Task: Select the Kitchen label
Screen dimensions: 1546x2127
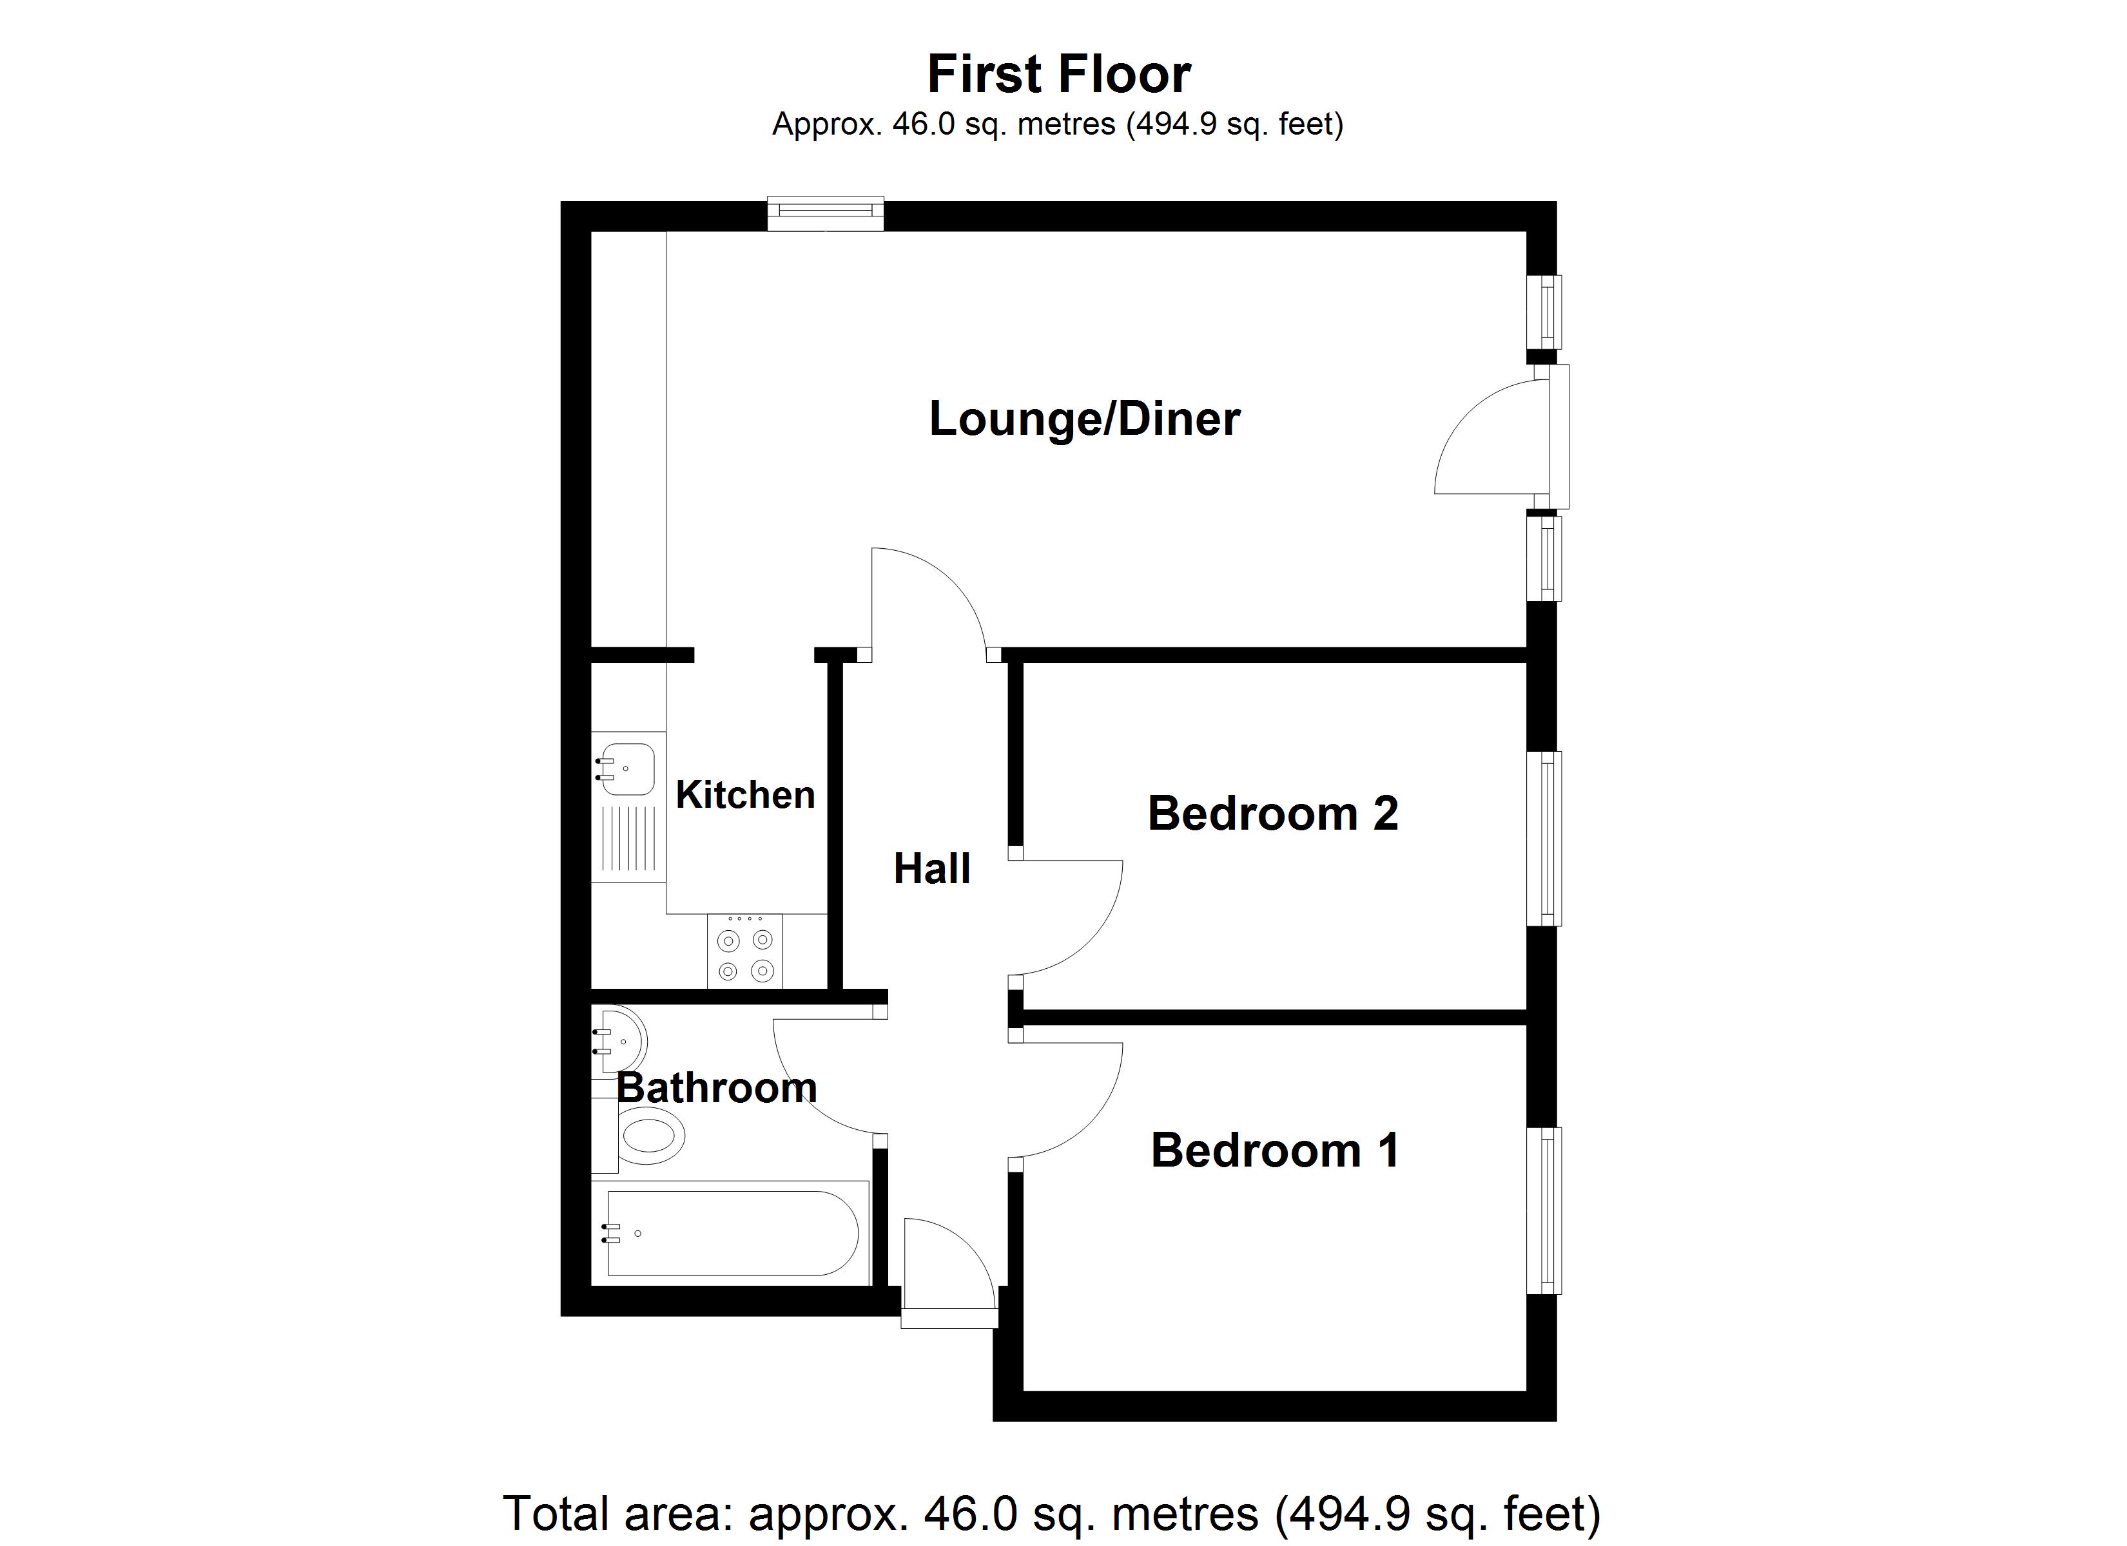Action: tap(744, 795)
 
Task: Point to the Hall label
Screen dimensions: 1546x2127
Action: tap(931, 869)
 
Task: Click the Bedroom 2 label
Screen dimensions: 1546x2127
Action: tap(1272, 813)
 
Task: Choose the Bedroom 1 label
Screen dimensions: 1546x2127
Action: tap(1274, 1150)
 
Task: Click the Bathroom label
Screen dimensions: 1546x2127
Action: tap(717, 1087)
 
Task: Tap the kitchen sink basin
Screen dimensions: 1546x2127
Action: tap(626, 768)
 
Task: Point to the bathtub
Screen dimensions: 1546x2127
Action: tap(732, 1234)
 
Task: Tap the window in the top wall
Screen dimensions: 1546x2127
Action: tap(825, 213)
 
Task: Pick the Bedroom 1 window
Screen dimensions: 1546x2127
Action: tap(1544, 1210)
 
